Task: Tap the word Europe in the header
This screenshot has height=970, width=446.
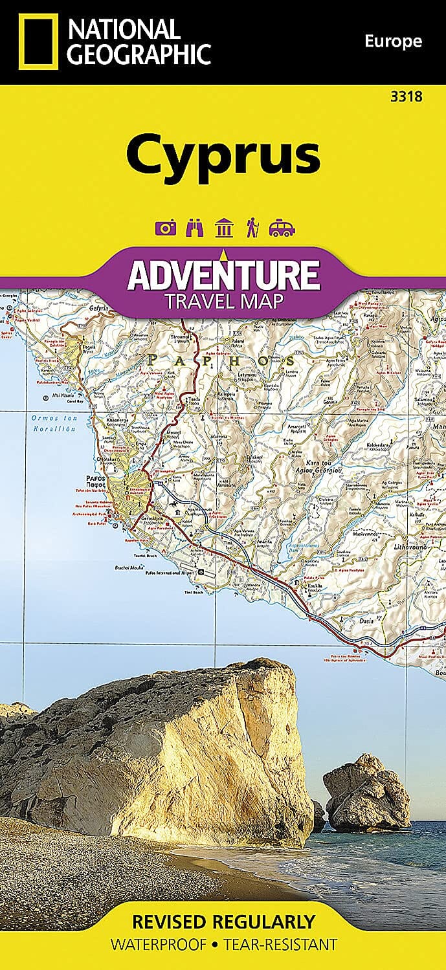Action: [x=393, y=42]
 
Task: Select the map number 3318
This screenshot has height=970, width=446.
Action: [x=407, y=97]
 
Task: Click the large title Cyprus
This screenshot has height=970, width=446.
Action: [x=223, y=153]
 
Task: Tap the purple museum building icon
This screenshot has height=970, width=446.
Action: [x=223, y=228]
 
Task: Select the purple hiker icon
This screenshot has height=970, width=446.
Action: [x=251, y=228]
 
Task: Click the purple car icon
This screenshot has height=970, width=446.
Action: [x=282, y=228]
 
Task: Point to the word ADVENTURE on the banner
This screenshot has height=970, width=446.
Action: [x=223, y=274]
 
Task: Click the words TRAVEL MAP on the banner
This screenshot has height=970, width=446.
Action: [x=223, y=301]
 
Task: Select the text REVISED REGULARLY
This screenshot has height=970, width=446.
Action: [x=223, y=921]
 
